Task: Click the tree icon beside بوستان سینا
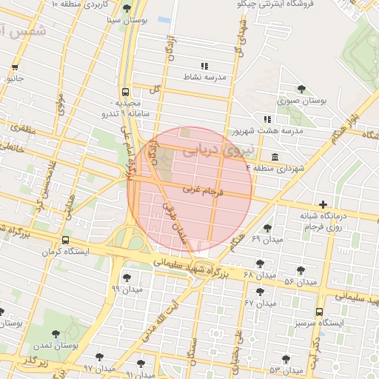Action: click(x=127, y=9)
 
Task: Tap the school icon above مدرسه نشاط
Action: click(x=204, y=67)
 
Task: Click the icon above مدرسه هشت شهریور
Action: click(x=267, y=119)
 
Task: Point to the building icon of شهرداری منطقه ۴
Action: click(x=275, y=157)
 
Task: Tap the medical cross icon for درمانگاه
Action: click(x=323, y=204)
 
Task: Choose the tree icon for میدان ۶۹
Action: click(x=267, y=228)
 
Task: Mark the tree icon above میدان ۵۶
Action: click(x=301, y=271)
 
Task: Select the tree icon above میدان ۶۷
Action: click(x=260, y=292)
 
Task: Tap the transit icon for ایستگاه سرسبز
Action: click(x=319, y=312)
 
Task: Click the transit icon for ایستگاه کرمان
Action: click(x=66, y=241)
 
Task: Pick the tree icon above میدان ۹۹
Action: click(x=127, y=278)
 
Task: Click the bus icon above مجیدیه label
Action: click(x=125, y=93)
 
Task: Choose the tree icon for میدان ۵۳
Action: click(x=286, y=358)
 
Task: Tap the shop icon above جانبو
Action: click(x=14, y=67)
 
